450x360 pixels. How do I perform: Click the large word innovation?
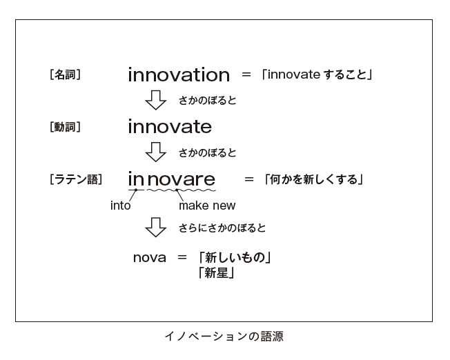tap(179, 75)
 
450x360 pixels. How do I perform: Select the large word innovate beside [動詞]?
tap(170, 127)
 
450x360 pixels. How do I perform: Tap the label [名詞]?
tap(65, 74)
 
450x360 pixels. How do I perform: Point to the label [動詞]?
tap(65, 127)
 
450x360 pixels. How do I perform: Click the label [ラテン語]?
tap(76, 179)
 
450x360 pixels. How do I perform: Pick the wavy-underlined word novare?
tap(181, 179)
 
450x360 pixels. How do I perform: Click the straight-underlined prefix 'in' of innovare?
tap(136, 179)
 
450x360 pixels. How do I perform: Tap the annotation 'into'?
tap(121, 206)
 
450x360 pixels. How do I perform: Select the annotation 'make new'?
tap(207, 206)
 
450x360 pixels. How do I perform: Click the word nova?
tap(150, 258)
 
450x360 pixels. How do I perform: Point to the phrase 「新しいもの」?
tap(235, 257)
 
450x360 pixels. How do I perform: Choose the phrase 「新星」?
tap(217, 272)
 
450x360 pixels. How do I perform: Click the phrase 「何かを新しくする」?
tap(313, 179)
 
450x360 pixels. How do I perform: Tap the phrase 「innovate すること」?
tap(317, 74)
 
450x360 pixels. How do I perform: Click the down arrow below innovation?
tap(155, 100)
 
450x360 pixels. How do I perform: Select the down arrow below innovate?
tap(155, 152)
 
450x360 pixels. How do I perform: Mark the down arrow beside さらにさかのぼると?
tap(155, 227)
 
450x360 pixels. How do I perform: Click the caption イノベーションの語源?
tap(224, 336)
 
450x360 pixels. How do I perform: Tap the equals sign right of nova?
tap(182, 257)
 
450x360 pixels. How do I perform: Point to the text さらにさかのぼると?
tap(222, 228)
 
